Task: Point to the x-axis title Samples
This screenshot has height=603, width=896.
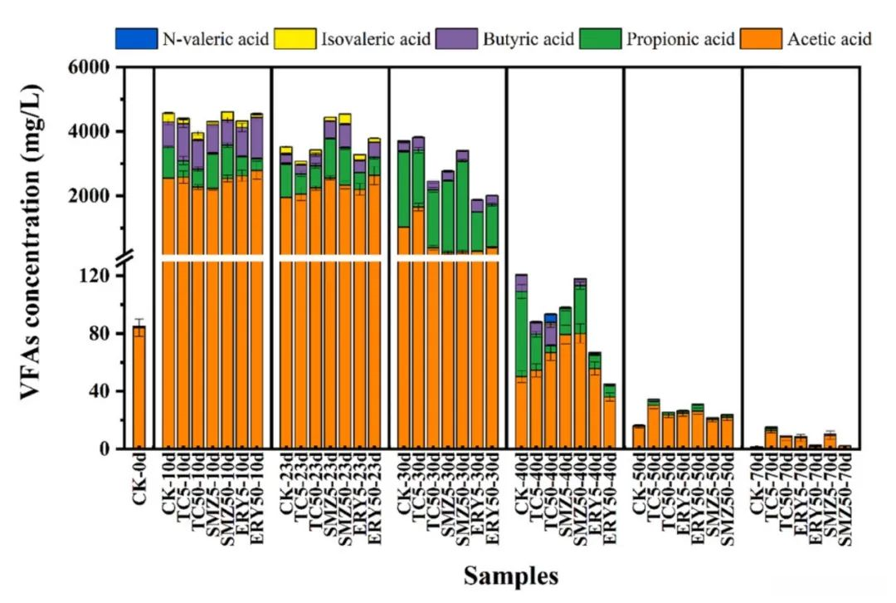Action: pyautogui.click(x=510, y=576)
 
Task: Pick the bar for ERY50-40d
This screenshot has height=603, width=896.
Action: pyautogui.click(x=610, y=416)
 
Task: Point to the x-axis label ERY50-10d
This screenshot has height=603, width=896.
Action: pyautogui.click(x=256, y=497)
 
